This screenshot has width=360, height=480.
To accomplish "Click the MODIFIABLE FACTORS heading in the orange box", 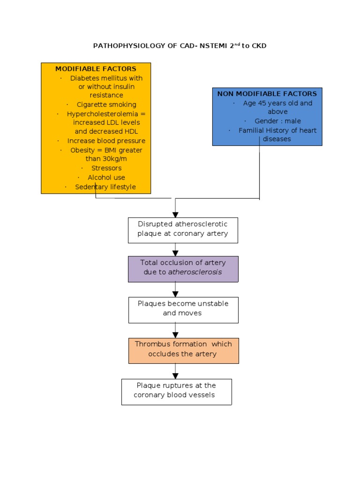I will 96,69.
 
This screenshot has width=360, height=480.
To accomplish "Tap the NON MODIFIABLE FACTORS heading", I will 267,94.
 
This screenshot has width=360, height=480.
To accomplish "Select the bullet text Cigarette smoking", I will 106,105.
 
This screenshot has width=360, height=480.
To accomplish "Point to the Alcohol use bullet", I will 106,178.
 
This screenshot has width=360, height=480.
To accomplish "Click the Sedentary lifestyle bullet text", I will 105,187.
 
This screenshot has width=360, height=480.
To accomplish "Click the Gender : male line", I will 278,121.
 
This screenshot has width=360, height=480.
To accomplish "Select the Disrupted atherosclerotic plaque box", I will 183,230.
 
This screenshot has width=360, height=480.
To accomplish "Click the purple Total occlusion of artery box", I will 183,269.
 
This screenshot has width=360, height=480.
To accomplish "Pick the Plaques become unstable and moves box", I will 183,309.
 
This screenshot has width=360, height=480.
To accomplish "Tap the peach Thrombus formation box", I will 183,350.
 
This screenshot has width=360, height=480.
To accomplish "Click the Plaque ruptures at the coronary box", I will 176,391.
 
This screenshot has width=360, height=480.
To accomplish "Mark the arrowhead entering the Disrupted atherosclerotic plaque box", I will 175,214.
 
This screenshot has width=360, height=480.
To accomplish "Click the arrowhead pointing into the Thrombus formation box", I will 175,335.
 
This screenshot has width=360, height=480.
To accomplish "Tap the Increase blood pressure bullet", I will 106,141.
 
